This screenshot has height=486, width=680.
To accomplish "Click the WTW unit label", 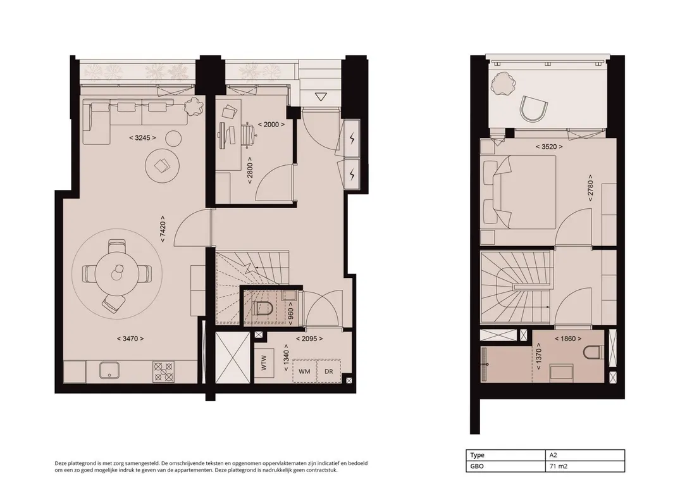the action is click(264, 363).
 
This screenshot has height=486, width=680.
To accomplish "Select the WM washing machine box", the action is click(304, 371).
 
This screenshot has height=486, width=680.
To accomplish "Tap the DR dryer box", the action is click(329, 371).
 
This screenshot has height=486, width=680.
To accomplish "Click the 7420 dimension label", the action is click(163, 229).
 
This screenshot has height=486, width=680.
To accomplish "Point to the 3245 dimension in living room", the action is click(142, 138).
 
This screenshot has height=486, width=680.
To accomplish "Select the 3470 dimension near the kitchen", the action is click(130, 339).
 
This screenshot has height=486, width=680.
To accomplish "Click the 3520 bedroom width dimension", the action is click(549, 147).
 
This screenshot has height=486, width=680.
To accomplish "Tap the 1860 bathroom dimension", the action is click(568, 339).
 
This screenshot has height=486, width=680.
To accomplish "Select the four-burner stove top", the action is click(163, 372).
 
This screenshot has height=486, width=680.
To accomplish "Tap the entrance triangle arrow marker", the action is click(321, 97).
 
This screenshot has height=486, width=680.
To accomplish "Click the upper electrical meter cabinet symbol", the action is click(352, 139).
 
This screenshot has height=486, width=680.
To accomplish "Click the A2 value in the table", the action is click(553, 455).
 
